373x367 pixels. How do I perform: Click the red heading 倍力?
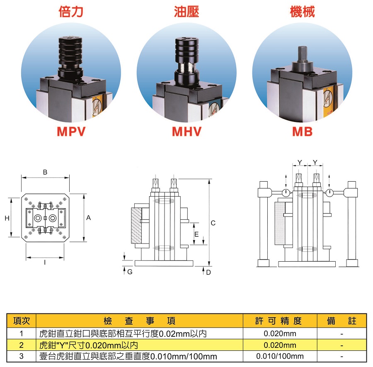coord(71,12)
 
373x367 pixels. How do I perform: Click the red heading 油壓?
coord(186,12)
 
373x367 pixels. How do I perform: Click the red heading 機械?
coord(302,12)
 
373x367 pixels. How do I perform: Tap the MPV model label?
coord(71,131)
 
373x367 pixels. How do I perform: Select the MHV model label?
coord(186,131)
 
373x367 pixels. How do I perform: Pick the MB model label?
coord(302,131)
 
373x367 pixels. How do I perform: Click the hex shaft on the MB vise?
coord(302,53)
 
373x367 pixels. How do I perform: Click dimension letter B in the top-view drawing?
coord(45,172)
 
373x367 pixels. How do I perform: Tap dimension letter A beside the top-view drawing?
coord(89,218)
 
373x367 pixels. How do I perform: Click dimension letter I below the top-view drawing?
coord(45,262)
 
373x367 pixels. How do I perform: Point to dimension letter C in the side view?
coord(213,223)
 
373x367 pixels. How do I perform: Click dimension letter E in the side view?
coord(196,234)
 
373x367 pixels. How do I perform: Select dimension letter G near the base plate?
coord(130,272)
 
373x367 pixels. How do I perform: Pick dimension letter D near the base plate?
coord(208,272)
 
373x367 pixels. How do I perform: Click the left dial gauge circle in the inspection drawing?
coord(286,192)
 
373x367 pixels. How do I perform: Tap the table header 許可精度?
coord(279,321)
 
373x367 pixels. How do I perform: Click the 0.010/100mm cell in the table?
coord(280,356)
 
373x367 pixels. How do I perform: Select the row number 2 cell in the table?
coord(22,345)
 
